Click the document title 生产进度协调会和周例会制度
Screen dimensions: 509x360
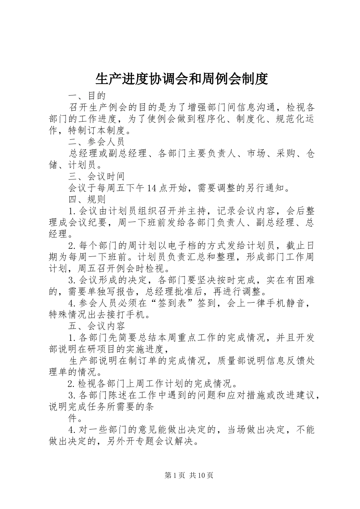(182, 79)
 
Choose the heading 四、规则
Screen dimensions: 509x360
(87, 199)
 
